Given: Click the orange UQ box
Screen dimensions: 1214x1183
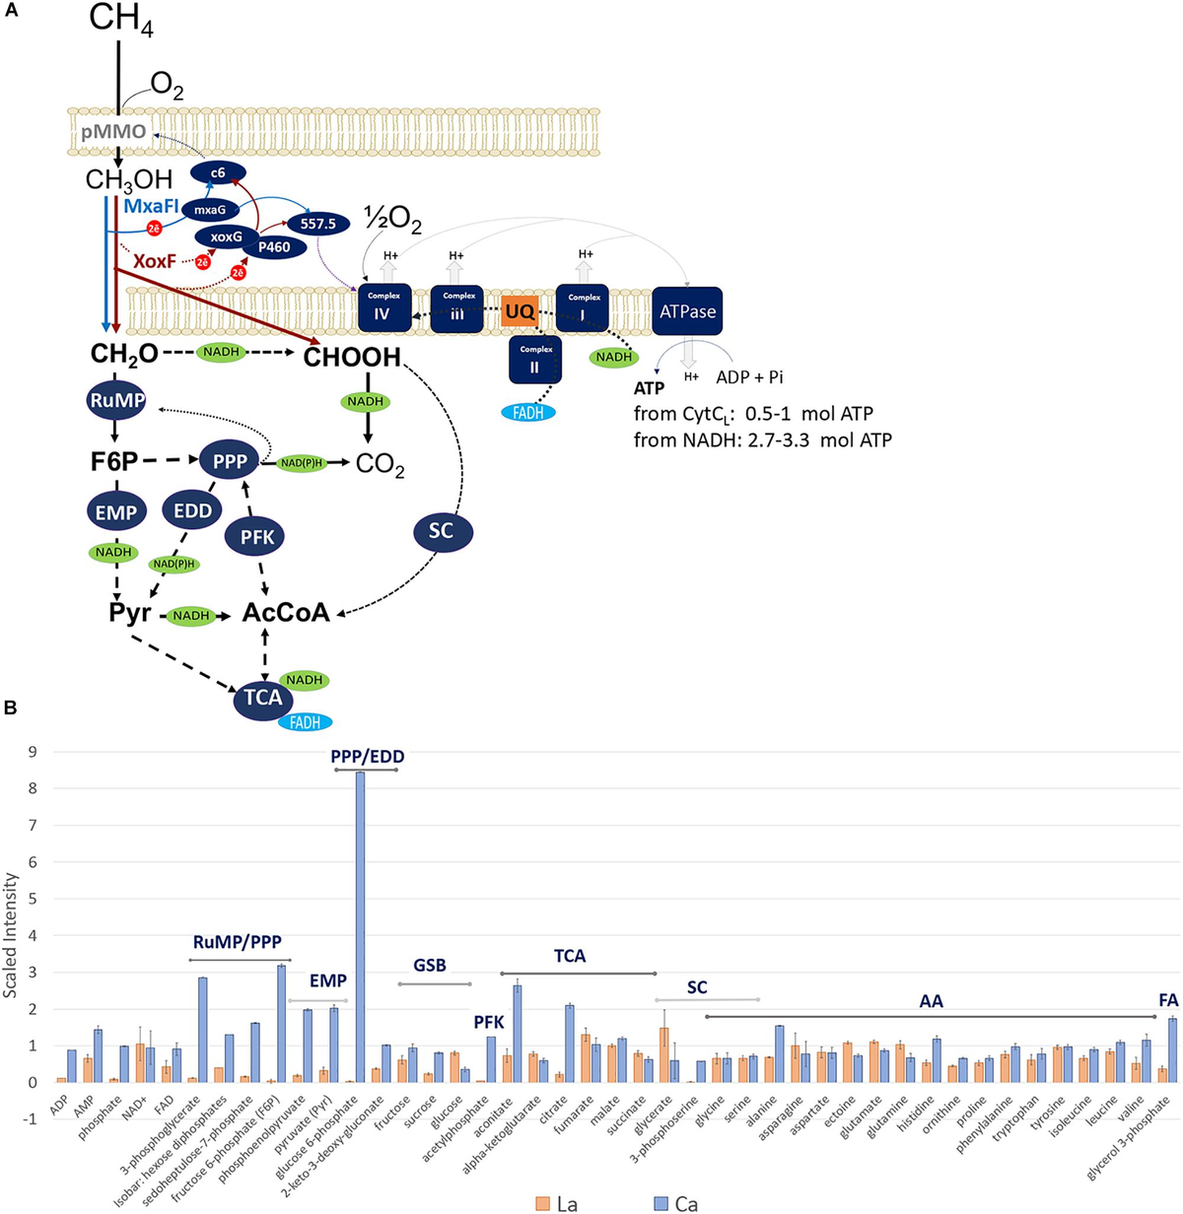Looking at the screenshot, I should pos(519,312).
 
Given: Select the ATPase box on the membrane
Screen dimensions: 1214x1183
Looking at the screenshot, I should pos(687,311).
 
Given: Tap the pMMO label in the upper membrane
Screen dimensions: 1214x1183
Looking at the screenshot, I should pos(113,132).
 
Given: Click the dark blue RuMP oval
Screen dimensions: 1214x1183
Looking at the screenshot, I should pos(117,401).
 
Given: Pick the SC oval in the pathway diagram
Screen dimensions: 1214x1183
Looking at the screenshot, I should pos(441,531).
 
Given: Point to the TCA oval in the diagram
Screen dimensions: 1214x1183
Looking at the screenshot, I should pos(263,699).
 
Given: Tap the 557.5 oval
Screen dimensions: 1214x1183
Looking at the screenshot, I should pos(318,224).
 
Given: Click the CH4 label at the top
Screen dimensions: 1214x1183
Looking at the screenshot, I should pos(120,20).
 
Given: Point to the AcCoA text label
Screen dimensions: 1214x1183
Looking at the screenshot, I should pos(286,614).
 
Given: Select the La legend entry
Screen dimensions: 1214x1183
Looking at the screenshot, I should pos(557,1203).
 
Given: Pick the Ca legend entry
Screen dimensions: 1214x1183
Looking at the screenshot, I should pos(675,1203).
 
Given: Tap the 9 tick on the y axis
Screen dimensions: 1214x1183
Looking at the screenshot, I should pos(32,752).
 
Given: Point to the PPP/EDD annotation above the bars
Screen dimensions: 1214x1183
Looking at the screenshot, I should pos(367,757).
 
